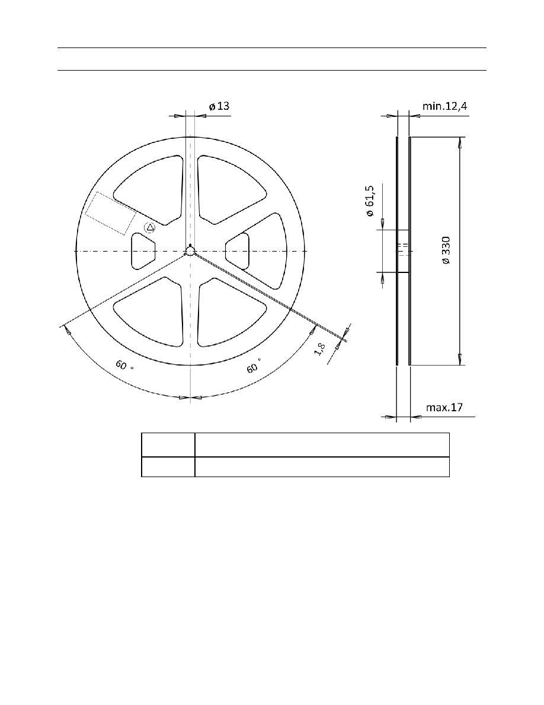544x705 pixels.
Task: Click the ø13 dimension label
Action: [219, 106]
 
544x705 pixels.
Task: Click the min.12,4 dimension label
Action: [444, 106]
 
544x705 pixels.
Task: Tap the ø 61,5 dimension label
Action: [370, 201]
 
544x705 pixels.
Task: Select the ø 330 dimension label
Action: [446, 250]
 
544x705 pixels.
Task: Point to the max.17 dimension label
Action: [444, 407]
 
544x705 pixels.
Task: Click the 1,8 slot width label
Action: [320, 349]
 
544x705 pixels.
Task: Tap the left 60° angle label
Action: [124, 365]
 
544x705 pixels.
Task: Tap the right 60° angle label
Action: [254, 366]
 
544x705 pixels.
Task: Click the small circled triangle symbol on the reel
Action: [150, 228]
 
